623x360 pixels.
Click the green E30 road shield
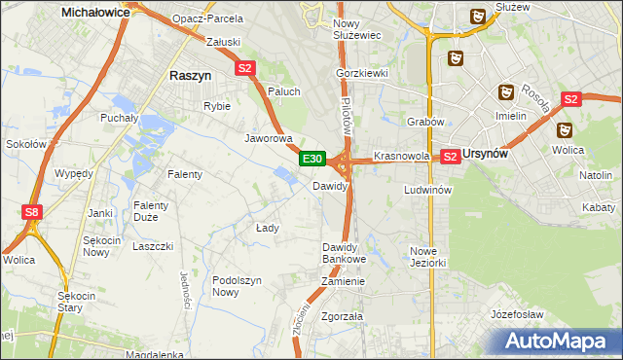pos(311,159)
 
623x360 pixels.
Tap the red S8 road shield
pos(33,211)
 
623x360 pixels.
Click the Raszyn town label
pos(185,75)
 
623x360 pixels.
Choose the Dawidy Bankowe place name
pos(344,253)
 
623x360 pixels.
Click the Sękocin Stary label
pos(76,302)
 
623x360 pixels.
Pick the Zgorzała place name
pos(342,316)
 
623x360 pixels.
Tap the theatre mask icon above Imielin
pos(505,92)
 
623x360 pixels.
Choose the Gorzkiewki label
pos(362,73)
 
